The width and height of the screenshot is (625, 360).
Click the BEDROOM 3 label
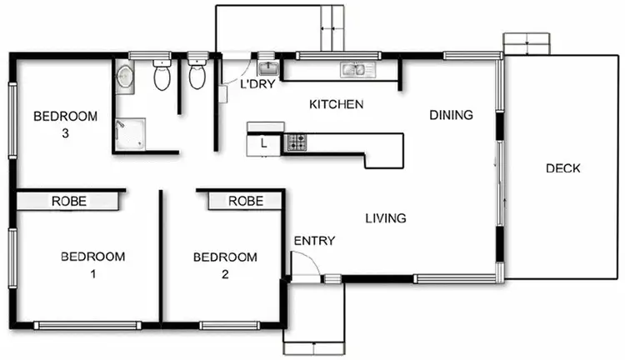pyautogui.click(x=65, y=124)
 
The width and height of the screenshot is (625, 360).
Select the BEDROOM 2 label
pyautogui.click(x=225, y=264)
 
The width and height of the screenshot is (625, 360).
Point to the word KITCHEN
pyautogui.click(x=336, y=104)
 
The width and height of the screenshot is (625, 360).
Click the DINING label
pyautogui.click(x=451, y=115)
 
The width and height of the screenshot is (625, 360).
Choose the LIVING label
pyautogui.click(x=386, y=218)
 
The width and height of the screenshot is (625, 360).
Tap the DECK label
pyautogui.click(x=562, y=168)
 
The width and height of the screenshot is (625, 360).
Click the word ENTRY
pyautogui.click(x=314, y=241)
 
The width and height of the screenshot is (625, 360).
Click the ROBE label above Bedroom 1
pyautogui.click(x=70, y=201)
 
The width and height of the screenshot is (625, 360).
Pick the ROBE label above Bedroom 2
pyautogui.click(x=245, y=201)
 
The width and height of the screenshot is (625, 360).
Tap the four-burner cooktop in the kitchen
pyautogui.click(x=296, y=143)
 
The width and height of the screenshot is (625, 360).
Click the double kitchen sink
pyautogui.click(x=356, y=69)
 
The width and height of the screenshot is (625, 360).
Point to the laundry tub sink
pyautogui.click(x=267, y=67)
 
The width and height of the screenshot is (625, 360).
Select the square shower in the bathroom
pyautogui.click(x=130, y=133)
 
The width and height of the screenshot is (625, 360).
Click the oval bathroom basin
pyautogui.click(x=124, y=77)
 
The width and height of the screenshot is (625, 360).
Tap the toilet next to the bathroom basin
pyautogui.click(x=162, y=76)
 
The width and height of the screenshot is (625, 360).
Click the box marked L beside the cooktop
pyautogui.click(x=264, y=143)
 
